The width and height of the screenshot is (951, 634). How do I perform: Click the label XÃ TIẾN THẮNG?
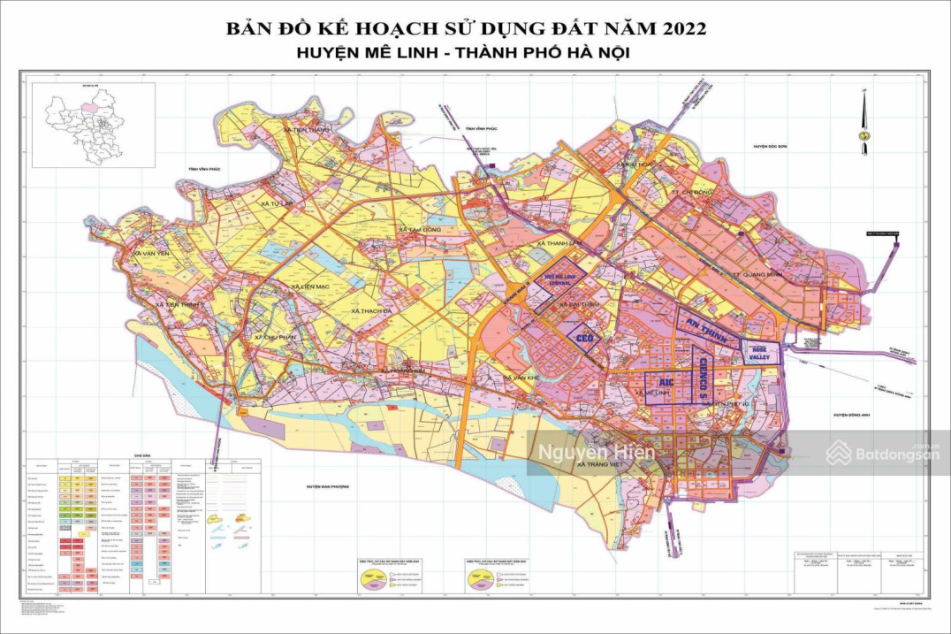tap(308, 130)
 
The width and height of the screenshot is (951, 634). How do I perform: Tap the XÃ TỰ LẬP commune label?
tap(277, 203)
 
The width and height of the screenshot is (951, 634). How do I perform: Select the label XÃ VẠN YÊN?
tap(150, 254)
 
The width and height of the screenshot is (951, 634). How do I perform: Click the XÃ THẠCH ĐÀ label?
tap(371, 311)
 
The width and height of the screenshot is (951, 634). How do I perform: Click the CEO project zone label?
tap(582, 338)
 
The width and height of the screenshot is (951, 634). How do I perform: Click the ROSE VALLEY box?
tap(761, 352)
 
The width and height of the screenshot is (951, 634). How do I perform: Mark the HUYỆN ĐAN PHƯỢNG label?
tap(329, 486)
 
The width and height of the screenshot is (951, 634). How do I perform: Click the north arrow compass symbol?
tap(862, 115)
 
